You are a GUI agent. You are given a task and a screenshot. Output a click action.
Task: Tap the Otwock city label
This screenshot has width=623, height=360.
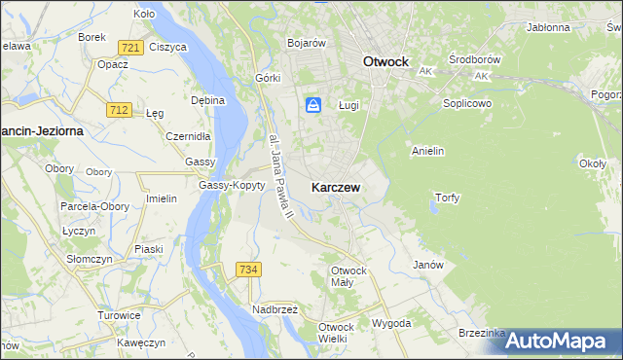tap(385, 60)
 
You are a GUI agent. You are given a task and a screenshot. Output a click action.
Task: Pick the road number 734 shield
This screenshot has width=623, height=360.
tap(248, 268)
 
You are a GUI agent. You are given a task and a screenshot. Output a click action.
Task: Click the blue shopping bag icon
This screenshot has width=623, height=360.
tap(313, 105)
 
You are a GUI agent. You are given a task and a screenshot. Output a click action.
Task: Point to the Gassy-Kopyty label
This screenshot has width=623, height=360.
tap(232, 185)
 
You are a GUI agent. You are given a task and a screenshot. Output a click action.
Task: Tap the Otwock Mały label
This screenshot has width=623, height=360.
tap(348, 276)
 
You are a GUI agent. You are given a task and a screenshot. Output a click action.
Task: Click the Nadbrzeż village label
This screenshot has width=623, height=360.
tap(275, 308)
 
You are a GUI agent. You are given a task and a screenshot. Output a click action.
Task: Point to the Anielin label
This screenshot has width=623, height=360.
tap(428, 151)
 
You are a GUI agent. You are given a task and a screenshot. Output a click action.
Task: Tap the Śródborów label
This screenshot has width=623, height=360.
tap(474, 59)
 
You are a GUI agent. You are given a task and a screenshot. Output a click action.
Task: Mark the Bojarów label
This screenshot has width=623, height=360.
tap(307, 43)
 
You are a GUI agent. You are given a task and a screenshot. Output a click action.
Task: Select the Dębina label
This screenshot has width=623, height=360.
tap(208, 99)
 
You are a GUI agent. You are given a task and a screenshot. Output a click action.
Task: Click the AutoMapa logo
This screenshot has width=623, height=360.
tap(560, 340)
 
